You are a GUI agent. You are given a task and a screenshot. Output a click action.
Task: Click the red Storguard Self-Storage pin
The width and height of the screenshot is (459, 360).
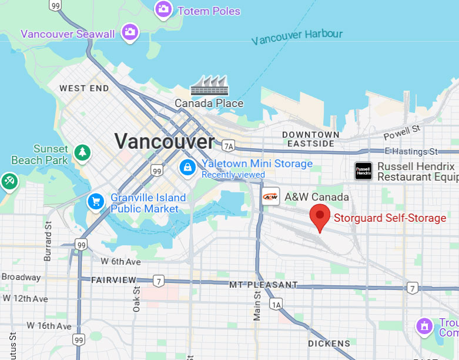(320, 218)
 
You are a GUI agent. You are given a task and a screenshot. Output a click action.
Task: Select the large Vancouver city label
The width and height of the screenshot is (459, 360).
(165, 141)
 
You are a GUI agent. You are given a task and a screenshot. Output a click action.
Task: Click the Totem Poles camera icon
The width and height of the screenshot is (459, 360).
(163, 9)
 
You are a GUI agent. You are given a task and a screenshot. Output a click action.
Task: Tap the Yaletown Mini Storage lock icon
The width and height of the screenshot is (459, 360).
(187, 167)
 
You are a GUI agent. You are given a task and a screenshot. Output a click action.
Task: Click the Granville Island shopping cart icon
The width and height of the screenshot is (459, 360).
(95, 202)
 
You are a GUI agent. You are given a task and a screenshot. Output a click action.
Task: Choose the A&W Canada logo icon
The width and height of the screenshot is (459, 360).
(270, 197)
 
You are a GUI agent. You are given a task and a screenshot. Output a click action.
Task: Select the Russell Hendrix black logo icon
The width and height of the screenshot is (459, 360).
(364, 171)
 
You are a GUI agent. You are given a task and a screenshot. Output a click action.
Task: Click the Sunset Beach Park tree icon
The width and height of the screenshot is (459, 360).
(82, 153)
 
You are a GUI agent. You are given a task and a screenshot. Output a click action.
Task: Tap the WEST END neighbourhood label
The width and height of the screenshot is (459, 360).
(84, 88)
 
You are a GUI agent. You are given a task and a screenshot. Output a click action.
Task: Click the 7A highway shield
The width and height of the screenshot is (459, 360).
(228, 145)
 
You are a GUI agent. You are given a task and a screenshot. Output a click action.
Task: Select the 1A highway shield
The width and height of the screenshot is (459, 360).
(276, 304)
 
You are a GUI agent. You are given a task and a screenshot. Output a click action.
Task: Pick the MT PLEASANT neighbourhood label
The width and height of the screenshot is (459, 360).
(263, 285)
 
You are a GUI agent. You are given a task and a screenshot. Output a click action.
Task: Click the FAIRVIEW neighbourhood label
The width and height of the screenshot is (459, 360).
(113, 280)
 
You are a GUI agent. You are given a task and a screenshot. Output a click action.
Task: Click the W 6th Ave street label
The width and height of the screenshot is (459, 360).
(120, 261)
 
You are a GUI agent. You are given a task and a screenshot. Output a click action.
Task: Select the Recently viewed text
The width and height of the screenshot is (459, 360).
(233, 175)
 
